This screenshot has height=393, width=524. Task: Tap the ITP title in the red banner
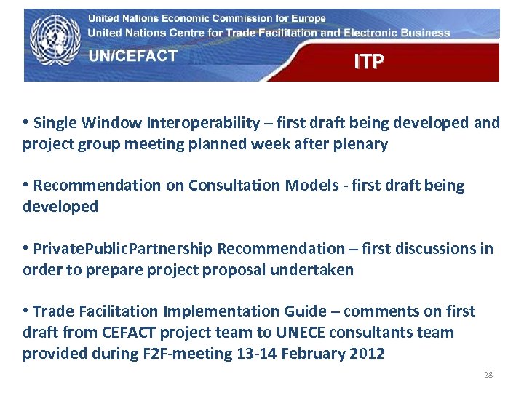[x=368, y=63]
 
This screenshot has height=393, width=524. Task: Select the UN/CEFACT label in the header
[x=132, y=57]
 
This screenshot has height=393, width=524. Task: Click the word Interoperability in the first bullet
[x=204, y=123]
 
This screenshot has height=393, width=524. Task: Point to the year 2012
[x=369, y=354]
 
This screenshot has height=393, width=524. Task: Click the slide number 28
[x=488, y=375]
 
